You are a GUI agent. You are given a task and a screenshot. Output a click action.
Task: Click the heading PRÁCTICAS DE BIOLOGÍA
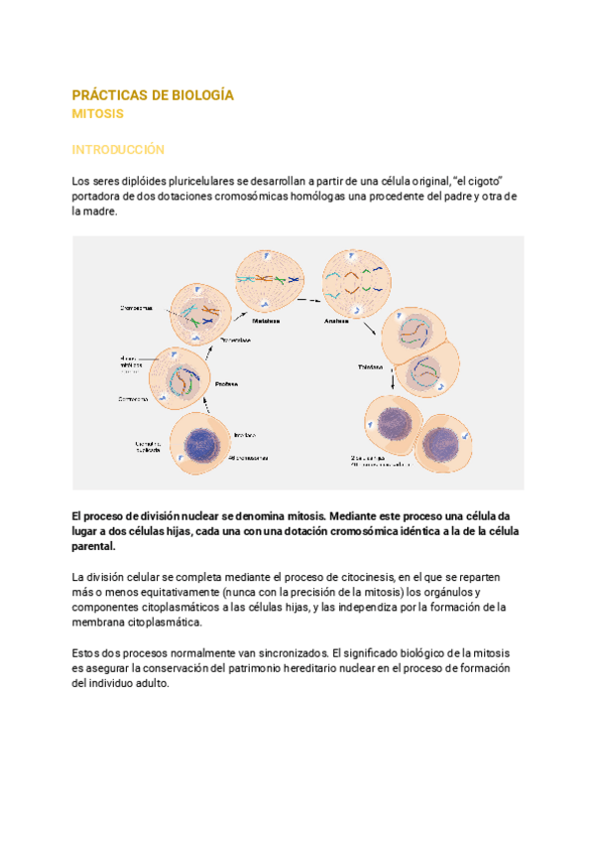(x=153, y=95)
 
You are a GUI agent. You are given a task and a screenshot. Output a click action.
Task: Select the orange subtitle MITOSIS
(x=97, y=114)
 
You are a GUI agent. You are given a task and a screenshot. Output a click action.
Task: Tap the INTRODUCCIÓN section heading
(x=117, y=150)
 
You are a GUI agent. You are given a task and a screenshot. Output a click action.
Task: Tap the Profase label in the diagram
(x=228, y=383)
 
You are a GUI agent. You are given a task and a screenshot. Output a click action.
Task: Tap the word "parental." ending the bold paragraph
(x=94, y=546)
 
